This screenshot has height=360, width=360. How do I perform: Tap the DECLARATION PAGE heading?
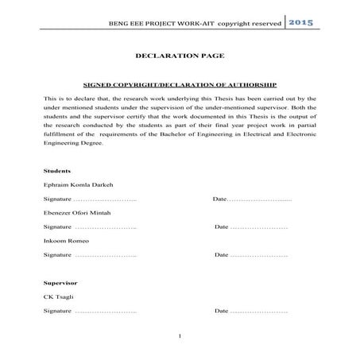click(x=179, y=57)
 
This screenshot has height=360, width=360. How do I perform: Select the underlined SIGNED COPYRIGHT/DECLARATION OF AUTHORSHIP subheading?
click(x=179, y=83)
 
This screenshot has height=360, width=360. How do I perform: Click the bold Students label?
click(x=58, y=171)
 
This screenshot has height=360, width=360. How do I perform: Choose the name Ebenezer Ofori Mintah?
click(x=78, y=213)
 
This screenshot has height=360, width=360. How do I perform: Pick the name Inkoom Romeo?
click(x=67, y=241)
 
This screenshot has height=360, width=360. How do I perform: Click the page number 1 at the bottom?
click(x=180, y=336)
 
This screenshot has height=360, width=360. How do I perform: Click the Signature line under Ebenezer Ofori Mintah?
click(x=90, y=227)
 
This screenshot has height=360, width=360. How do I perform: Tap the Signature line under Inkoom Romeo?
click(x=90, y=255)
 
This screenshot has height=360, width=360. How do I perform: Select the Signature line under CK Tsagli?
click(x=90, y=312)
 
